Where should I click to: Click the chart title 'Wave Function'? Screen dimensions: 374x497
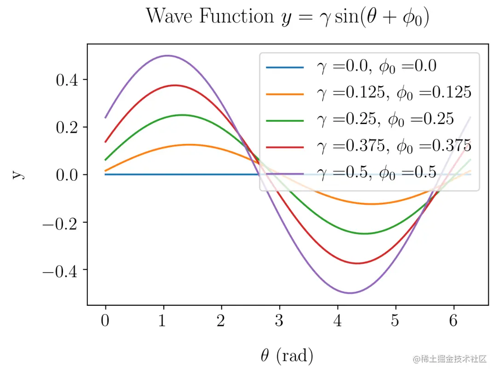210,17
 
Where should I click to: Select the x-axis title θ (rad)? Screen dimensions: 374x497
287,355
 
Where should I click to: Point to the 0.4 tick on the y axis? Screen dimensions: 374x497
68,80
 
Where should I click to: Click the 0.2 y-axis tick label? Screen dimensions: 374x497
68,127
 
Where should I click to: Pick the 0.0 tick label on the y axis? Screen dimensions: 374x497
68,175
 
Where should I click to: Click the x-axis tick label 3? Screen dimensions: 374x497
279,321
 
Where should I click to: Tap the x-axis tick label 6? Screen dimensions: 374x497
453,321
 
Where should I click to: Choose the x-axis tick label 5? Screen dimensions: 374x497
395,321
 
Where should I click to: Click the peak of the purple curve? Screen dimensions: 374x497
168,56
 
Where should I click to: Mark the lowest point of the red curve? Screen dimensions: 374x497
357,263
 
